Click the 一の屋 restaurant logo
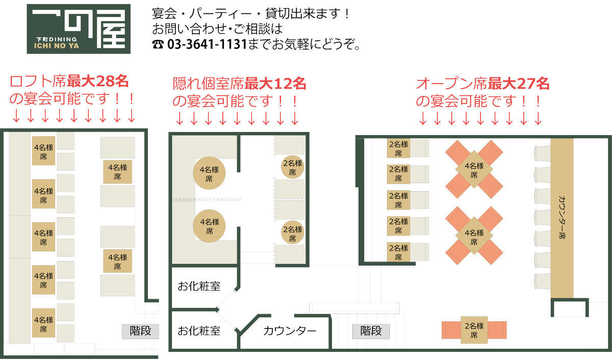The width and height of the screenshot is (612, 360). coord(79,29)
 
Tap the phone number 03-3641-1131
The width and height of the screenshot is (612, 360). coord(207,44)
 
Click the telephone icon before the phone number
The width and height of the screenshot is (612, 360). coord(158,44)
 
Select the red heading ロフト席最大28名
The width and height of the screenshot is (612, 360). coord(69,82)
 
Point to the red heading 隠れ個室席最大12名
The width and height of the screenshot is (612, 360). coord(239,84)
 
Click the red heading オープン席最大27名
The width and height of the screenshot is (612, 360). coord(482,84)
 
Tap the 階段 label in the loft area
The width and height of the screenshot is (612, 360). coord(140,331)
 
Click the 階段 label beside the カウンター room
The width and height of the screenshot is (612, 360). coord(371,331)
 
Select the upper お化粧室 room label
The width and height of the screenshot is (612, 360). coord(199,286)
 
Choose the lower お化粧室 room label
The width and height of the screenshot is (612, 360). coord(199,331)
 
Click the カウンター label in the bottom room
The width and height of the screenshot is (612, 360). coord(290,331)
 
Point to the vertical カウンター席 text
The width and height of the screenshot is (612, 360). coord(562,217)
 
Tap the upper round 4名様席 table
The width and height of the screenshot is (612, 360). coord(209,173)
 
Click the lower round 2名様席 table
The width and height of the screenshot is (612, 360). coord(293,233)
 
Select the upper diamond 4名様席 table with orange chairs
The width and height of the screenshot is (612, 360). coord(474,169)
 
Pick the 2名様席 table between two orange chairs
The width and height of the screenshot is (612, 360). coord(474,330)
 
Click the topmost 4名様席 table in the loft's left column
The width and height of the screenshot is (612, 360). coord(43,151)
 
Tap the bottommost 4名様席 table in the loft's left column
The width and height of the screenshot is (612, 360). coord(43,323)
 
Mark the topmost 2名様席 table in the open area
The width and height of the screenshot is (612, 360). coord(398,148)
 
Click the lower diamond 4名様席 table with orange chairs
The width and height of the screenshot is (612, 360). coord(474,236)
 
